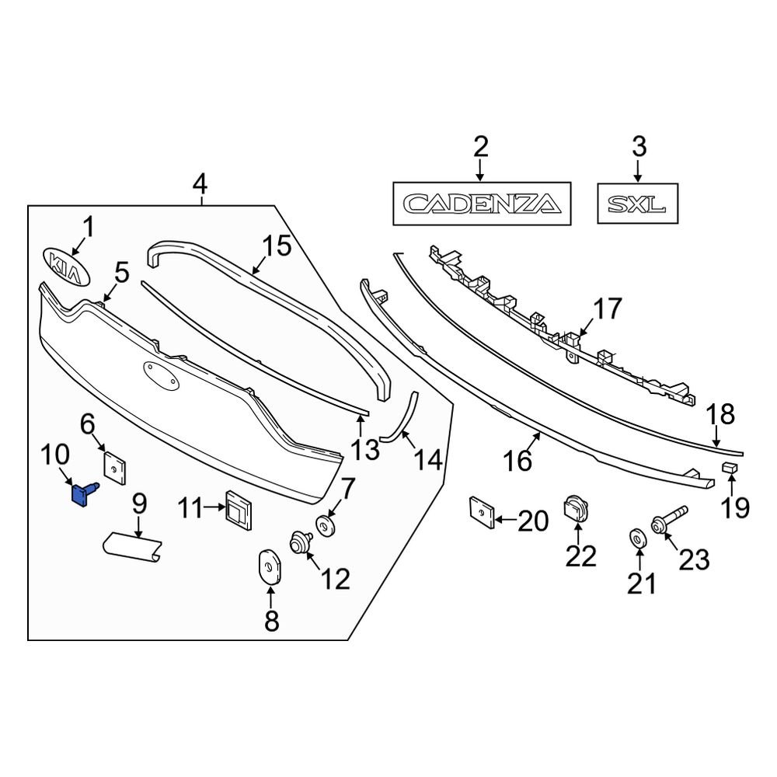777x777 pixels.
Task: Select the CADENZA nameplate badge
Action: (482, 203)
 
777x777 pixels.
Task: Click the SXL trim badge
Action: (637, 204)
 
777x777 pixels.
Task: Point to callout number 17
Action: (608, 309)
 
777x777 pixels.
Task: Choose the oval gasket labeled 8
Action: (270, 566)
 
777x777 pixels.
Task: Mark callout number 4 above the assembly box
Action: (200, 185)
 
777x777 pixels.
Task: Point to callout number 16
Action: (518, 461)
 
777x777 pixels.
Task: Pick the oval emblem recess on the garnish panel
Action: (159, 375)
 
